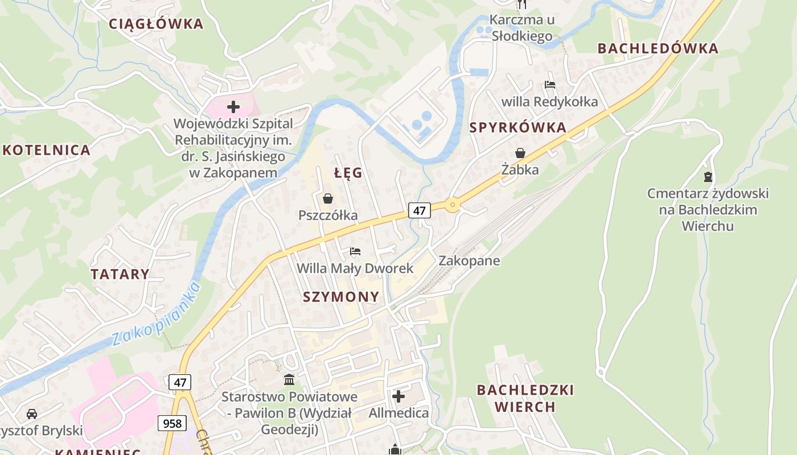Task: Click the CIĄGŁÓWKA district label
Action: (155, 24)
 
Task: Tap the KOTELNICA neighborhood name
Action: (47, 150)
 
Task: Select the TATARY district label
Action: (120, 274)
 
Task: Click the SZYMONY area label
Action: (341, 297)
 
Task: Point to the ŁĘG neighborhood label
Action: (348, 173)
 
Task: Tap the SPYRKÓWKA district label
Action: (518, 128)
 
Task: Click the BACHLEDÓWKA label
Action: (658, 49)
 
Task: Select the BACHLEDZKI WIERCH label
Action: (525, 398)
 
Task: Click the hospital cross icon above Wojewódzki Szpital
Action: (233, 106)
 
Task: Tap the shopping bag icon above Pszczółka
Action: (328, 198)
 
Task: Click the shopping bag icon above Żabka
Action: (520, 153)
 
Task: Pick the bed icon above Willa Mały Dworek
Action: (355, 251)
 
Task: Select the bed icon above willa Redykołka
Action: (549, 85)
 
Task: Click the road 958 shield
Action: (172, 423)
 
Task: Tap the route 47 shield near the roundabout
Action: (420, 210)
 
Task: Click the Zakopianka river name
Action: (157, 314)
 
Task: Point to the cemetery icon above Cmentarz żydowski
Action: (708, 177)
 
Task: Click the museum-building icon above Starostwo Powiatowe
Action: (289, 379)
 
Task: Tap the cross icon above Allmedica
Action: (398, 396)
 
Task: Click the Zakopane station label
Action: (469, 261)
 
